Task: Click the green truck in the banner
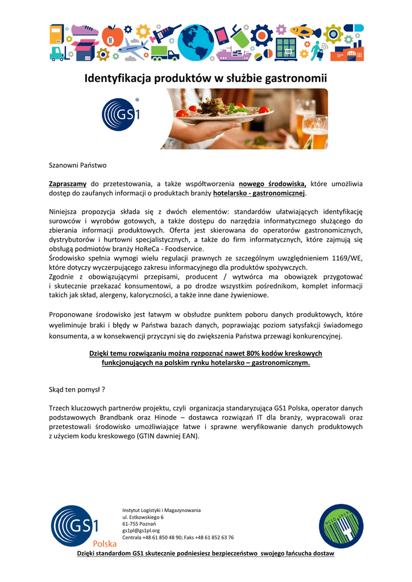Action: coord(165,53)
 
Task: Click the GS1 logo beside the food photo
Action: coord(121,114)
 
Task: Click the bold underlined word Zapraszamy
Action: coord(67,184)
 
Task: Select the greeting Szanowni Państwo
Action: coord(77,165)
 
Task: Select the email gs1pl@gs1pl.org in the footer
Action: coord(141,530)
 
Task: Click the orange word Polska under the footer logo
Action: coord(105,543)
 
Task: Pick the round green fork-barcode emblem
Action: coord(340,526)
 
